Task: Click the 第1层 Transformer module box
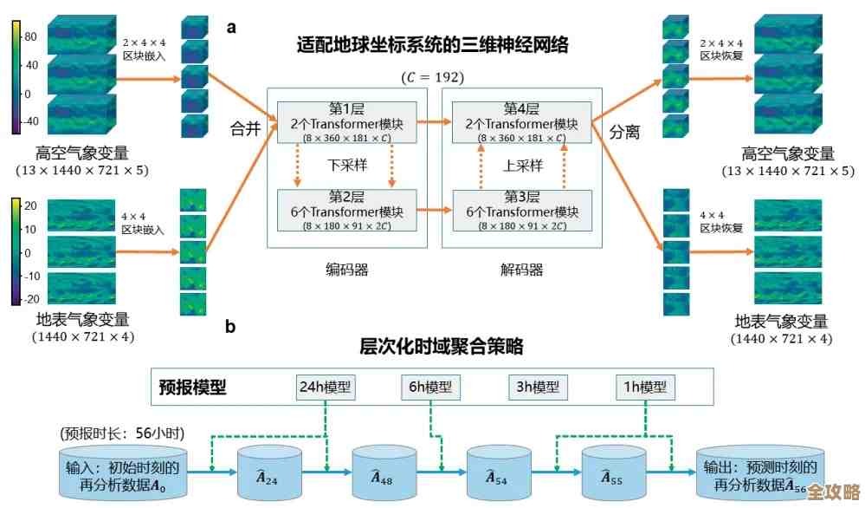click(x=347, y=121)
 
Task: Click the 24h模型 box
click(x=325, y=388)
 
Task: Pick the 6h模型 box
click(x=430, y=388)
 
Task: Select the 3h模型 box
click(x=537, y=388)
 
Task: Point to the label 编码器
click(x=347, y=269)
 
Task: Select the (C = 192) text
click(x=432, y=77)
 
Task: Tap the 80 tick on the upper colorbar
click(x=30, y=37)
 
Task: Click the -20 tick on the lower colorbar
click(x=29, y=298)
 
